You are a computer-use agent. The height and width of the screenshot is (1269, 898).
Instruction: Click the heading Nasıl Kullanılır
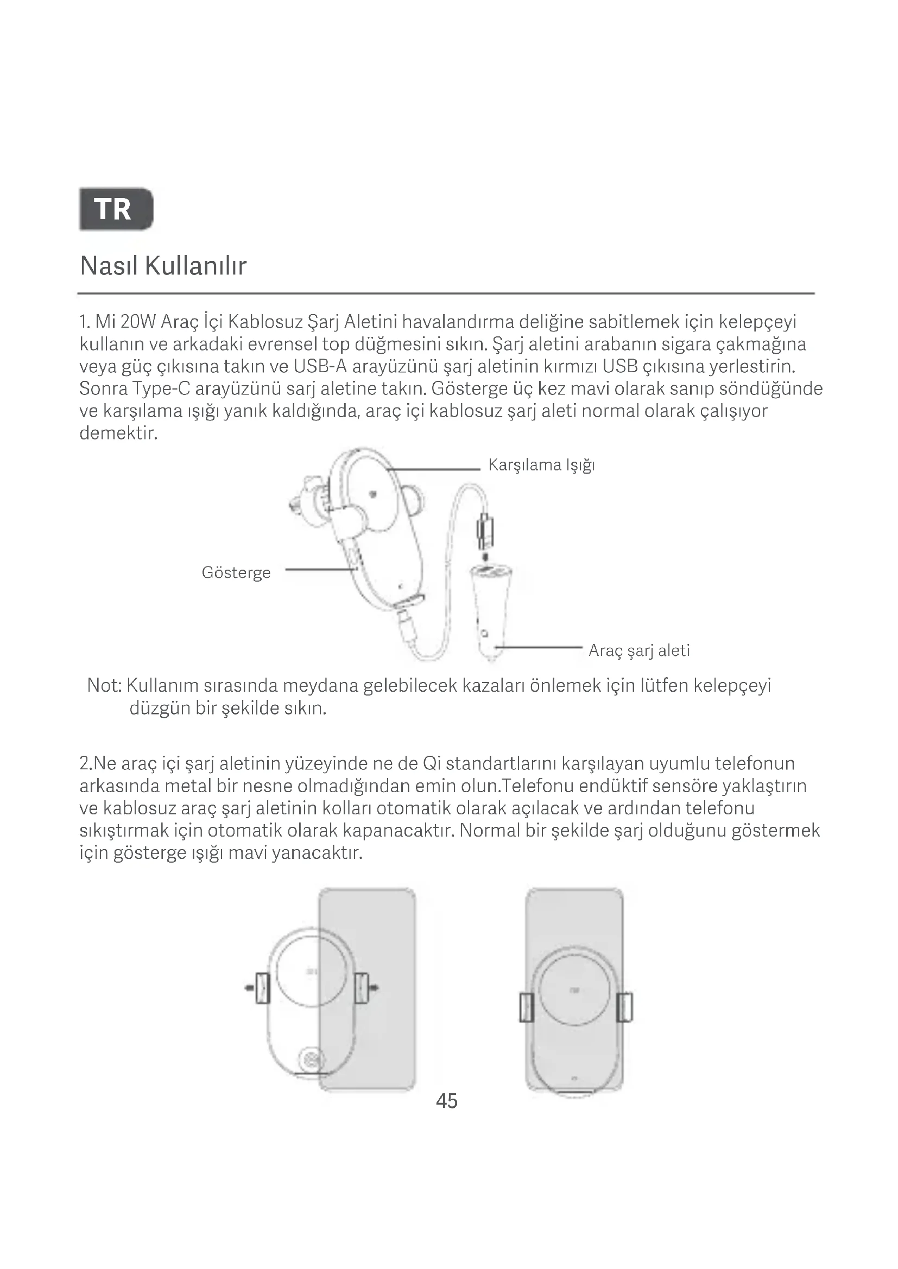point(163,266)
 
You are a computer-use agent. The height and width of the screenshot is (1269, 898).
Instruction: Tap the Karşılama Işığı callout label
point(541,465)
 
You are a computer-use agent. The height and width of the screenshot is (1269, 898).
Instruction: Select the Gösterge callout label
point(236,572)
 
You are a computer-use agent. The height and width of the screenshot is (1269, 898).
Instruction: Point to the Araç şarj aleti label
point(639,651)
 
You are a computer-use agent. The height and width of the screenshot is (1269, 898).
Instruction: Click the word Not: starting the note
point(104,686)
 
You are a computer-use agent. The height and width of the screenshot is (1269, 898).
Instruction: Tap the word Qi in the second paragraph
point(431,764)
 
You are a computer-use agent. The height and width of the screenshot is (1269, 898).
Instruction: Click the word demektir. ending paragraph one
point(119,433)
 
